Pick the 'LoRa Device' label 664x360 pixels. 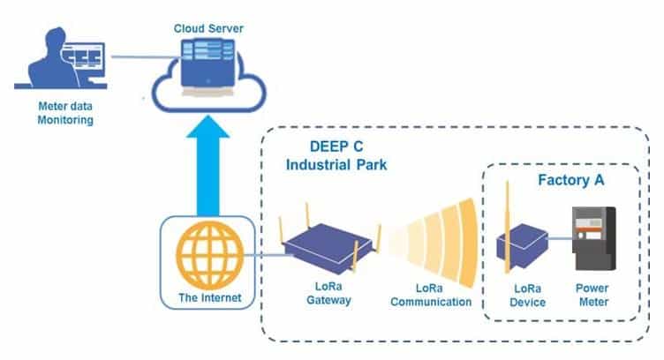[523, 296]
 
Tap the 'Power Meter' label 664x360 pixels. [592, 296]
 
